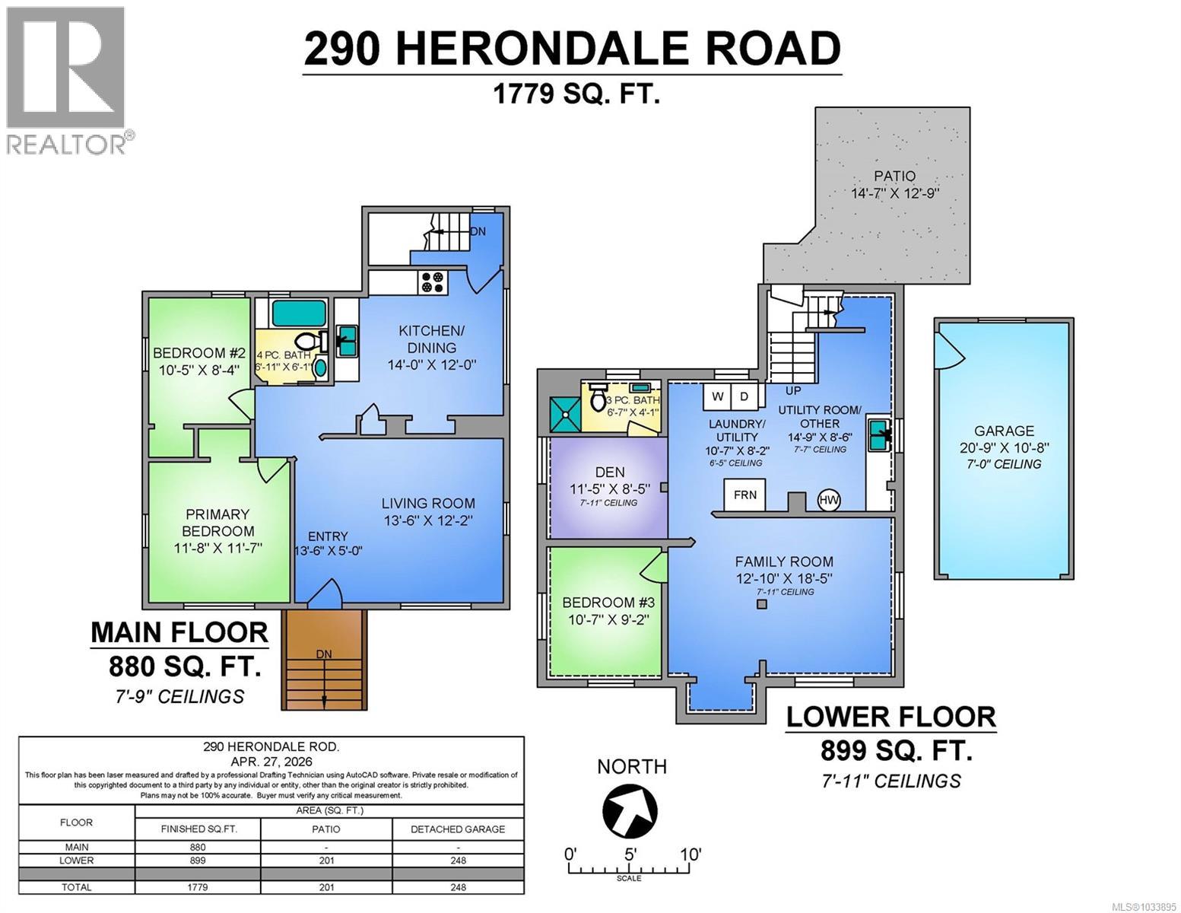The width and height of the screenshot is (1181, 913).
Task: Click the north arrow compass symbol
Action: [630, 808]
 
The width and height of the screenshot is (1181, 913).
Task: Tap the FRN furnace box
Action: [744, 495]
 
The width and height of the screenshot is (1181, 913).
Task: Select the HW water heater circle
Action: [829, 500]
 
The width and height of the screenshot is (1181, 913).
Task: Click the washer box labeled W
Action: [717, 396]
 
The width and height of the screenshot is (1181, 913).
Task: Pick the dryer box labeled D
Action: [744, 396]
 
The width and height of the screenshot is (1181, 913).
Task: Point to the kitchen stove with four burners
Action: [433, 282]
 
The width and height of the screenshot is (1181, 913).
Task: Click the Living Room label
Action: [428, 503]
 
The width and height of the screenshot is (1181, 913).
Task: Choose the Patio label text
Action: [894, 176]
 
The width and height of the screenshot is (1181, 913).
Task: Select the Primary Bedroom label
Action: [217, 523]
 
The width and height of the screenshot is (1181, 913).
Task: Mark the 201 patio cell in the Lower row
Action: [326, 861]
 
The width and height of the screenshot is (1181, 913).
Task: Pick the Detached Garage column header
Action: [458, 829]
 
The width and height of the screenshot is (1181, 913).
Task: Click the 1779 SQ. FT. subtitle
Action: [576, 94]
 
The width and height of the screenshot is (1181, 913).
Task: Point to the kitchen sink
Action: [347, 341]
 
